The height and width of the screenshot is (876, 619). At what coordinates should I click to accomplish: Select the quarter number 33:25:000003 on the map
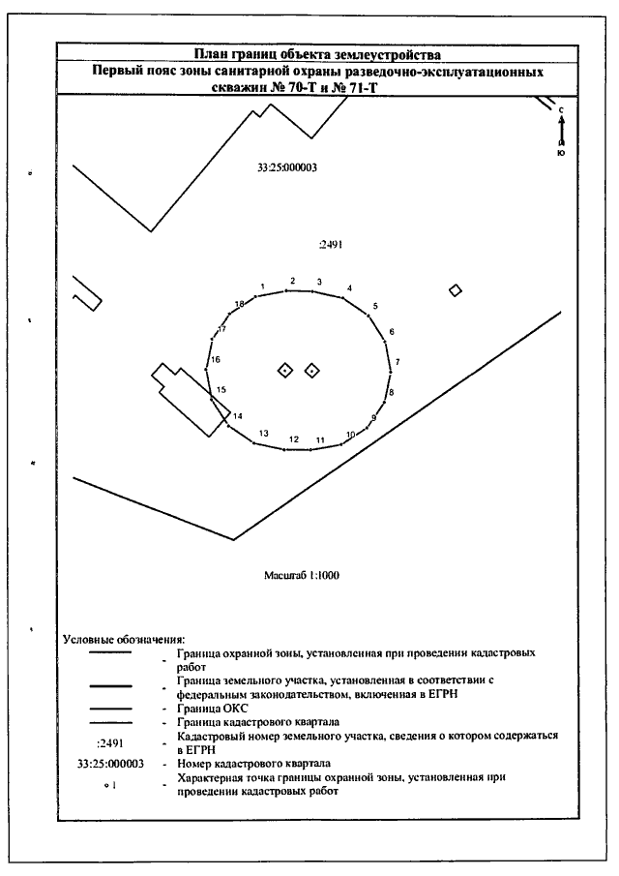pyautogui.click(x=288, y=166)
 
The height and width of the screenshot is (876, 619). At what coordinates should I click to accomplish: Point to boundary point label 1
pyautogui.click(x=263, y=287)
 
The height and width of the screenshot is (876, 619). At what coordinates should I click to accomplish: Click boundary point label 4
pyautogui.click(x=349, y=288)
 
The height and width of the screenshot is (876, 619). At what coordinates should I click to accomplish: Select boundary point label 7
pyautogui.click(x=398, y=361)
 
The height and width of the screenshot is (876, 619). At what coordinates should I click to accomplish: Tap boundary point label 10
pyautogui.click(x=352, y=435)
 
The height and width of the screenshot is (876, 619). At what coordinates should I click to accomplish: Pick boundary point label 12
pyautogui.click(x=292, y=440)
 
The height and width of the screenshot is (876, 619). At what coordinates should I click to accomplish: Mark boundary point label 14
pyautogui.click(x=235, y=416)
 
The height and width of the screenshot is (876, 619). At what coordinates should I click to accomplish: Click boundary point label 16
pyautogui.click(x=216, y=359)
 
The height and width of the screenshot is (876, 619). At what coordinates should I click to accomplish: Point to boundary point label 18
pyautogui.click(x=239, y=305)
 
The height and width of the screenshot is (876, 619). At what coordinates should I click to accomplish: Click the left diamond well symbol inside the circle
pyautogui.click(x=285, y=371)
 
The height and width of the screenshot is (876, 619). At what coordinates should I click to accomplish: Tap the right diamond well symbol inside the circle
pyautogui.click(x=312, y=371)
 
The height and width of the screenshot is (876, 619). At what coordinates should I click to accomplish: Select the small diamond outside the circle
pyautogui.click(x=456, y=290)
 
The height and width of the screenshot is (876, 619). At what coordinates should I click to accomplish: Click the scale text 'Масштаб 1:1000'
pyautogui.click(x=301, y=575)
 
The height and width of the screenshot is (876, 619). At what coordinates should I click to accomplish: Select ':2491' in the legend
pyautogui.click(x=111, y=742)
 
